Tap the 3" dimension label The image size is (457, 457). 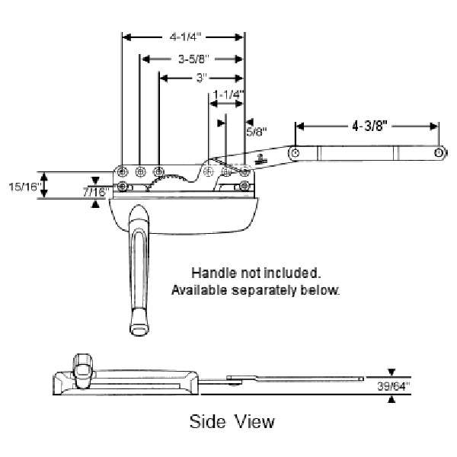pos(201,78)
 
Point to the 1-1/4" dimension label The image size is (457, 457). pos(228,94)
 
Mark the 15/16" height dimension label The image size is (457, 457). pos(24,186)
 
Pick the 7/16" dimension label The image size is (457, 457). pos(94,192)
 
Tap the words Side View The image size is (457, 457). pos(232,420)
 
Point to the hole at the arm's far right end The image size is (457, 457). pos(440,153)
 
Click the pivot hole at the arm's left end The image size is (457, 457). pos(294,153)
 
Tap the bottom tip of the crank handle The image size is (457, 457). pos(139,328)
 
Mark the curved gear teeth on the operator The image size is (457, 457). pos(176,180)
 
